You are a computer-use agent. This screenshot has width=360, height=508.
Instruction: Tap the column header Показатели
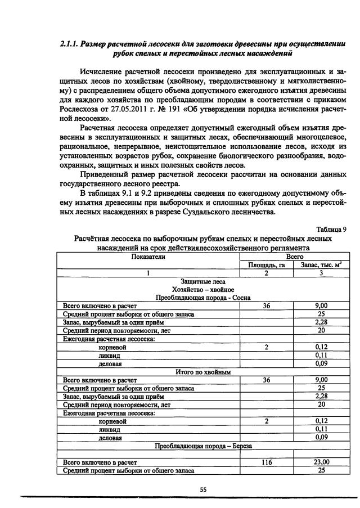[x=148, y=256]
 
